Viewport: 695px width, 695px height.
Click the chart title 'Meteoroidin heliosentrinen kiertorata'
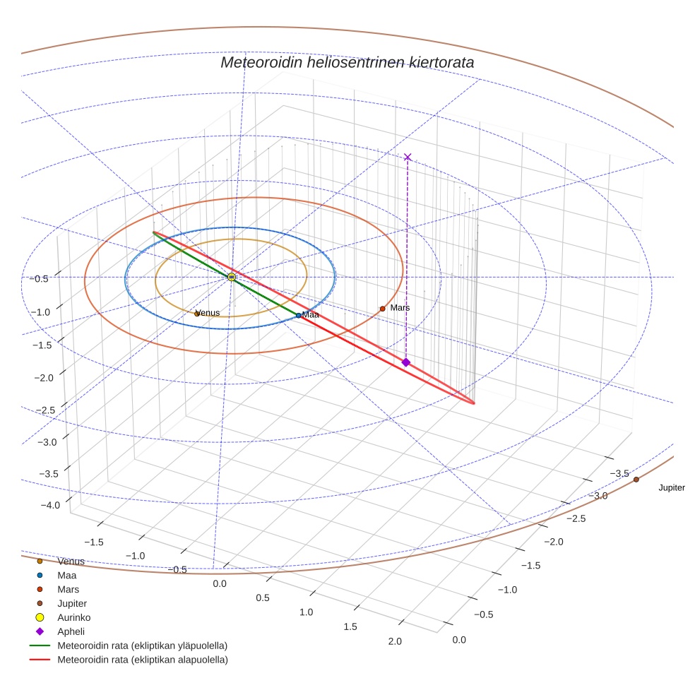pos(347,62)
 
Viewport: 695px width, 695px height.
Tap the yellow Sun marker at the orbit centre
pos(232,277)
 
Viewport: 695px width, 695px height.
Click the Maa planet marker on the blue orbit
pos(299,315)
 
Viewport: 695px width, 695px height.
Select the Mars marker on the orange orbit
pos(382,309)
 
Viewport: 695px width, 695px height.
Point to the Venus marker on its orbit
pos(197,314)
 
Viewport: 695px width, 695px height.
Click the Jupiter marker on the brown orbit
pos(636,480)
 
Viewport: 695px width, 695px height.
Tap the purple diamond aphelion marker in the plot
pos(405,362)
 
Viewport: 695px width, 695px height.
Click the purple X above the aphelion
pos(407,157)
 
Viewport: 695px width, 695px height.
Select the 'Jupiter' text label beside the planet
pos(671,488)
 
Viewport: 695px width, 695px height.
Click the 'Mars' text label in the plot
pos(400,308)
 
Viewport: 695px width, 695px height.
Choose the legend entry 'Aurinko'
pos(73,617)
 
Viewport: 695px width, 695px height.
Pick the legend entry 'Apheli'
pos(71,631)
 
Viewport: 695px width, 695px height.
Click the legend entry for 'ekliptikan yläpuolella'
pos(142,646)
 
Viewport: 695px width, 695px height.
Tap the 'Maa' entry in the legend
pos(66,575)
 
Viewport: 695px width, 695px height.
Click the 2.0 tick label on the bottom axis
pos(394,641)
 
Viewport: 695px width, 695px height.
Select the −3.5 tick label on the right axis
pos(619,473)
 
